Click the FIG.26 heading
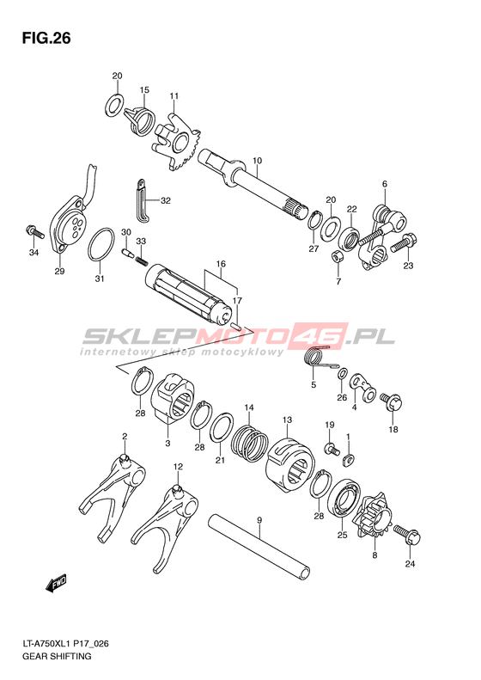click(x=46, y=39)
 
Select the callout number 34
click(x=33, y=253)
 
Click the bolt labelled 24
click(x=406, y=536)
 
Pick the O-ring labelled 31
click(x=101, y=245)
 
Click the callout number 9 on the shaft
click(x=259, y=519)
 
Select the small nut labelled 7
click(x=337, y=257)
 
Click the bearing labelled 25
click(x=344, y=498)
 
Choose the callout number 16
click(x=221, y=264)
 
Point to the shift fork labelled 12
click(x=164, y=524)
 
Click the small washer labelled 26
click(x=343, y=374)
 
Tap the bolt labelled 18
click(x=391, y=401)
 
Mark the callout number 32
click(x=166, y=200)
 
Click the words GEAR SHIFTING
click(x=57, y=656)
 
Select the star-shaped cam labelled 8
click(x=371, y=519)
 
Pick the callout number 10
click(x=257, y=161)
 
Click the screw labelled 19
click(x=332, y=448)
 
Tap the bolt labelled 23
click(x=404, y=242)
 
